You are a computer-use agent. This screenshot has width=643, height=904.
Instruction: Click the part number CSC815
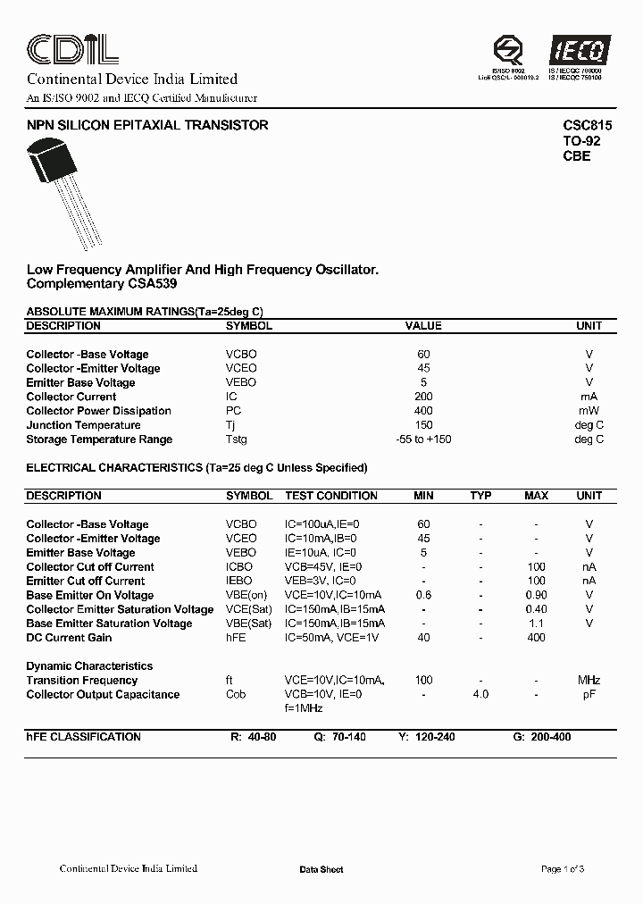click(587, 126)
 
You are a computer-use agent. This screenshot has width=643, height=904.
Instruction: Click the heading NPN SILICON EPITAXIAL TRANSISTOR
click(147, 126)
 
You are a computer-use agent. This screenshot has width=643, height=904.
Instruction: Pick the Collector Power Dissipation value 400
click(423, 411)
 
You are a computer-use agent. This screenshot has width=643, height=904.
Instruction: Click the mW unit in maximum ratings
click(589, 411)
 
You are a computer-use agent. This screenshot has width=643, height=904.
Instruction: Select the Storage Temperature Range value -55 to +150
click(423, 439)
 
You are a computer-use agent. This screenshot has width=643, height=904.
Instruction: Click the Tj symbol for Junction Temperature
click(231, 425)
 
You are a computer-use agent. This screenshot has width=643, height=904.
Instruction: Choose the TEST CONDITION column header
click(330, 496)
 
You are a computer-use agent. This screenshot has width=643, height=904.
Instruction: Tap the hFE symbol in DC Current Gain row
click(236, 638)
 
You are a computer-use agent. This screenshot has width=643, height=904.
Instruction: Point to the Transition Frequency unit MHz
click(589, 681)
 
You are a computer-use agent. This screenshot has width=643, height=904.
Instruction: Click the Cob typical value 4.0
click(480, 695)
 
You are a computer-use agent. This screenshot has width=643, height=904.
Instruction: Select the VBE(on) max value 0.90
click(536, 596)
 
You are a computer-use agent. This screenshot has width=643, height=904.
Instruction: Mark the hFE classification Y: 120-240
click(427, 738)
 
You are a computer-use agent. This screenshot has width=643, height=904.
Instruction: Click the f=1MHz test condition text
click(304, 708)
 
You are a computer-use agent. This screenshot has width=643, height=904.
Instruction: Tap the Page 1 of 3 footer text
click(563, 869)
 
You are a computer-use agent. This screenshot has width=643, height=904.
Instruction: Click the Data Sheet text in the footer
click(321, 870)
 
